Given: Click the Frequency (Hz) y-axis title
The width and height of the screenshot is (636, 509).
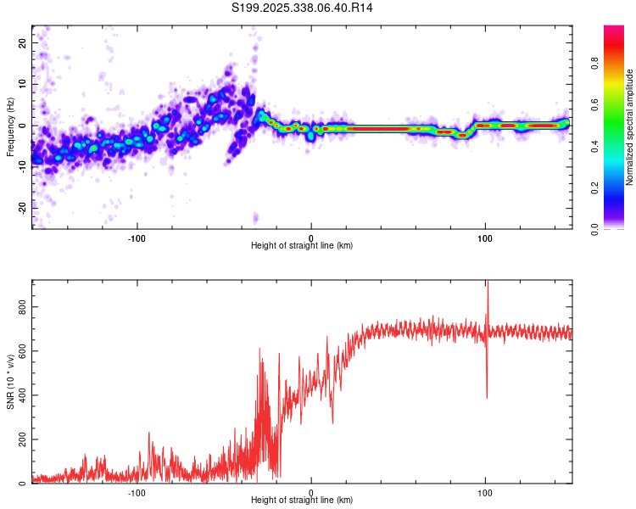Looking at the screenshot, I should (x=10, y=126).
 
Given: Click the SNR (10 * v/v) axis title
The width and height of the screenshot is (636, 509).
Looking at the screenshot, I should (x=10, y=382).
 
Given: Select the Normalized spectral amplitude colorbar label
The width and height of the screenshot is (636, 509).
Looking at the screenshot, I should (x=630, y=127).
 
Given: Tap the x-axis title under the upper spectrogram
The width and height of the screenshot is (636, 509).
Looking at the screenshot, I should (x=302, y=245).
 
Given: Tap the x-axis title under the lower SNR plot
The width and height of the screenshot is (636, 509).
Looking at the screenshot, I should (x=302, y=500).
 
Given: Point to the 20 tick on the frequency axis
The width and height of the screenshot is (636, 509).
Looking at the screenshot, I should (x=23, y=42).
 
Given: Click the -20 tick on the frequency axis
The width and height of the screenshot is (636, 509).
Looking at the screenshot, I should (x=23, y=207).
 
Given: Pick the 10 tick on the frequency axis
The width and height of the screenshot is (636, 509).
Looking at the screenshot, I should (x=23, y=84).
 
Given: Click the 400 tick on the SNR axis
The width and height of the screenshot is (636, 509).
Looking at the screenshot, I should (x=23, y=395).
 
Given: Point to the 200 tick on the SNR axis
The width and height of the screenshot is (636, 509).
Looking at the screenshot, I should (x=23, y=439).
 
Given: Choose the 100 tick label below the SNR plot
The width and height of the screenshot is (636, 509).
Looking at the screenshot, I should (x=485, y=491).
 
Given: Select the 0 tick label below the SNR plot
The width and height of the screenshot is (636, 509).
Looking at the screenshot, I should (x=311, y=491).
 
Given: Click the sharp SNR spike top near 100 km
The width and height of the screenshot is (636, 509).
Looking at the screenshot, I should (x=487, y=282).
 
